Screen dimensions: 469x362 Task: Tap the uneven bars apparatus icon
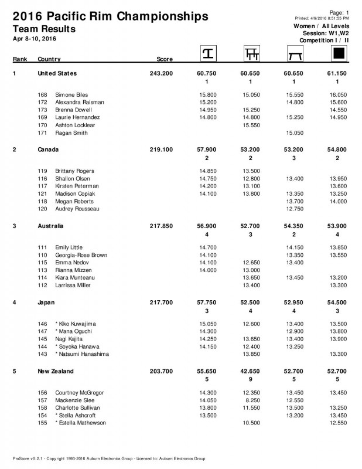click(251, 54)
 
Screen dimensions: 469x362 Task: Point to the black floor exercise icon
click(338, 54)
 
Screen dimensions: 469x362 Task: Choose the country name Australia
click(50, 226)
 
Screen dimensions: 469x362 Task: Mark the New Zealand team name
click(56, 372)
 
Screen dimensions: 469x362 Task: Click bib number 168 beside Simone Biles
click(42, 94)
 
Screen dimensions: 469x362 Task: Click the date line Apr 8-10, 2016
click(34, 39)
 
